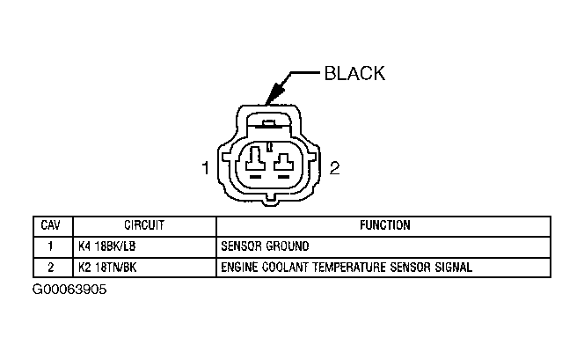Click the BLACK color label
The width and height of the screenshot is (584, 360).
355,73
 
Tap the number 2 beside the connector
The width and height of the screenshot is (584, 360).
334,169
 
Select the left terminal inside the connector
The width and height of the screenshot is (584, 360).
255,161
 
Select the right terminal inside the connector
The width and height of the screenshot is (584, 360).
284,161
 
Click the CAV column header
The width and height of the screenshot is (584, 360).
51,225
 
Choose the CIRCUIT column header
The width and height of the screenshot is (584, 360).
143,225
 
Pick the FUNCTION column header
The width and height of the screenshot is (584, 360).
384,225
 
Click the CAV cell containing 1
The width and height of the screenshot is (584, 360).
51,246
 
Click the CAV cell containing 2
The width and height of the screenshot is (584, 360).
51,267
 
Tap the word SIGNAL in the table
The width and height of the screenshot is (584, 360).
454,267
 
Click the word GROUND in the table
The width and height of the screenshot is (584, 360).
288,246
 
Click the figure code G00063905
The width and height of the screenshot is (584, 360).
69,290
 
